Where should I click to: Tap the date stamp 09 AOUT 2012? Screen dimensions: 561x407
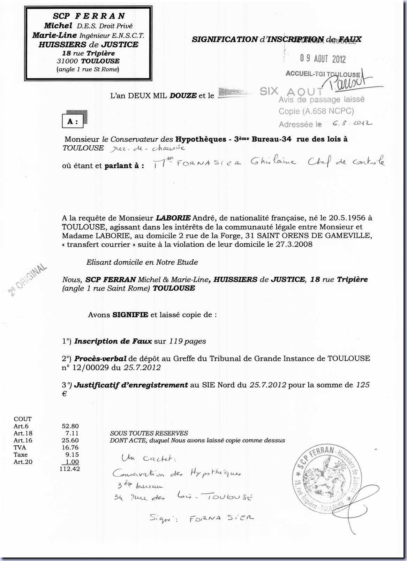click(323, 59)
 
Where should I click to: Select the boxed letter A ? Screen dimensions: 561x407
click(73, 122)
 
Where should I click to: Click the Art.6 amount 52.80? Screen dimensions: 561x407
click(70, 426)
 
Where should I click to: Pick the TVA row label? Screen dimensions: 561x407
click(20, 447)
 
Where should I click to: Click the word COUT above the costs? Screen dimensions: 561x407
click(23, 419)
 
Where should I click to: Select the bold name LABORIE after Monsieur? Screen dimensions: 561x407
click(173, 218)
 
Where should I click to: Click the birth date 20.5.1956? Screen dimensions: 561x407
click(343, 218)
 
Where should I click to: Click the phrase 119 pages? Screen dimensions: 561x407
click(187, 341)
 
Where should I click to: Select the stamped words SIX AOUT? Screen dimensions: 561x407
click(291, 92)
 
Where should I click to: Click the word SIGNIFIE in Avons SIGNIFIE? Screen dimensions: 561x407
click(130, 315)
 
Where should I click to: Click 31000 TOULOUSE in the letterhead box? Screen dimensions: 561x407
click(88, 61)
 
